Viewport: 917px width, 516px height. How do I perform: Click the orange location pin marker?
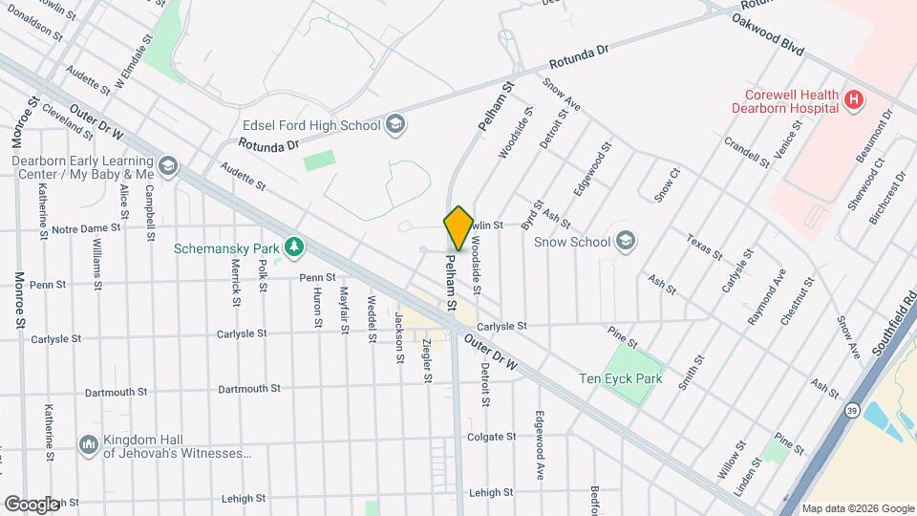pyautogui.click(x=458, y=228)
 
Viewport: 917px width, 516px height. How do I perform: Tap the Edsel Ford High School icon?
pyautogui.click(x=395, y=124)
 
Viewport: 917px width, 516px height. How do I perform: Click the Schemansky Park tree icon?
pyautogui.click(x=296, y=247)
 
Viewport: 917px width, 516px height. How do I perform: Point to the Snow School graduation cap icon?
pyautogui.click(x=626, y=241)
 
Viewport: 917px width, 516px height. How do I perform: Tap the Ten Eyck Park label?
pyautogui.click(x=620, y=378)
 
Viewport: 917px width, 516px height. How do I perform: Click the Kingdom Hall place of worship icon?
pyautogui.click(x=89, y=444)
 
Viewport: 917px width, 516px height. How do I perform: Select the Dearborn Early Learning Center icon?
pyautogui.click(x=168, y=167)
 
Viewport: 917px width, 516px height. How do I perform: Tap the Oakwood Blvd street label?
pyautogui.click(x=768, y=34)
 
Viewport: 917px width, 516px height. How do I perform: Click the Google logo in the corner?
pyautogui.click(x=32, y=504)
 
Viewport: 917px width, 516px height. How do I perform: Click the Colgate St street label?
pyautogui.click(x=491, y=437)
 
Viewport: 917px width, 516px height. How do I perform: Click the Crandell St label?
pyautogui.click(x=746, y=151)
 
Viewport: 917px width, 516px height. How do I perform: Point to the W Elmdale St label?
pyautogui.click(x=133, y=63)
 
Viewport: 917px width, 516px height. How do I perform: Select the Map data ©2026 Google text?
pyautogui.click(x=857, y=508)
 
